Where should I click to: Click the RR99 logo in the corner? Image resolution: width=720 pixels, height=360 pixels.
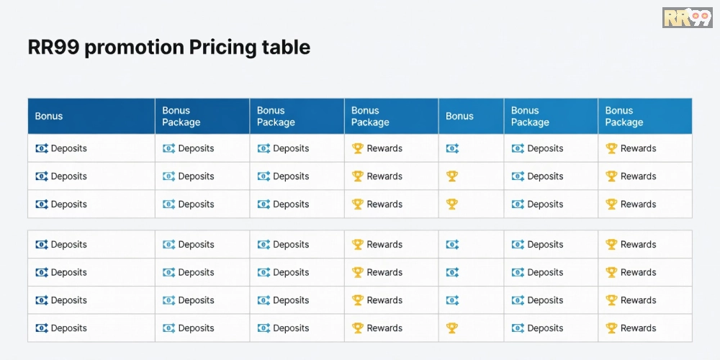[x=687, y=17]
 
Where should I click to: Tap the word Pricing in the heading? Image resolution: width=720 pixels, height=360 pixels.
[x=223, y=48]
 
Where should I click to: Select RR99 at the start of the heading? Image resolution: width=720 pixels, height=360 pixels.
[x=53, y=48]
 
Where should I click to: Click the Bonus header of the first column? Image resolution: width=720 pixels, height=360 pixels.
[x=49, y=116]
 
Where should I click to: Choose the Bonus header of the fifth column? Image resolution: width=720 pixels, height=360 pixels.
[x=459, y=116]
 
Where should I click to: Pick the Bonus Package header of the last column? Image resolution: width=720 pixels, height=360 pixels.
[x=624, y=116]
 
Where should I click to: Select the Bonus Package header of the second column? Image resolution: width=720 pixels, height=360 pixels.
[x=181, y=116]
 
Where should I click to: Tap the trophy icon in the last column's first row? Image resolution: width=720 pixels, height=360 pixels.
[x=611, y=148]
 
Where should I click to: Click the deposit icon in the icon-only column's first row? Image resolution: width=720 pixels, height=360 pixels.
[x=452, y=148]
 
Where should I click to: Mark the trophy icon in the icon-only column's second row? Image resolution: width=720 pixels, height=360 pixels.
[x=452, y=176]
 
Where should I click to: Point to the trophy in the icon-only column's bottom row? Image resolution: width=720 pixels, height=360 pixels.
[x=452, y=328]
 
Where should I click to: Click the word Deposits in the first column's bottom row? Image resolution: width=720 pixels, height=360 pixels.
[x=68, y=328]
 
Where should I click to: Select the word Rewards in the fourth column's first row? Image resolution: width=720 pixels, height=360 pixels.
[x=384, y=148]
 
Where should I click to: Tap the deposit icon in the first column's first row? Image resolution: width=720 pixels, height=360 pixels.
[x=42, y=148]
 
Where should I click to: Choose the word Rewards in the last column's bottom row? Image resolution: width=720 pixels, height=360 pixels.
[x=638, y=328]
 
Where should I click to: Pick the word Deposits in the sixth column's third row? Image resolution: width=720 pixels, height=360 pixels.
[x=545, y=204]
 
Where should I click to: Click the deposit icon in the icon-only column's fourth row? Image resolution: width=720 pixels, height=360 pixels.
[x=452, y=245]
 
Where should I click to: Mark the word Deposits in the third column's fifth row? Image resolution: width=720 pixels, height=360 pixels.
[x=291, y=273]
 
